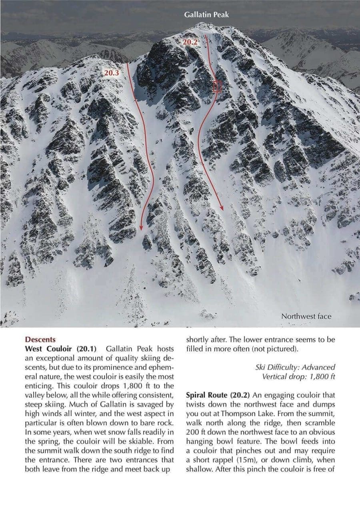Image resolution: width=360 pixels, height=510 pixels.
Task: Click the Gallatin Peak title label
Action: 206,15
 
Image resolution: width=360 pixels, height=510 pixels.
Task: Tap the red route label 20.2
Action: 190,42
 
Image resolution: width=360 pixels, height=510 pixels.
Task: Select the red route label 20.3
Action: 111,73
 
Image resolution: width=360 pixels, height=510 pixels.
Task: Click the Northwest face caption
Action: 306,316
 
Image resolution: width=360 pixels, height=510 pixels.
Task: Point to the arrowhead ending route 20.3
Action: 141,228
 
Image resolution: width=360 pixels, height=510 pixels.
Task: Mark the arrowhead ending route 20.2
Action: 222,208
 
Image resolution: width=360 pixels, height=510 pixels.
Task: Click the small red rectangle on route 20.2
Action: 217,86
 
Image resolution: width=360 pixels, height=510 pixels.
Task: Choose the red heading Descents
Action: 40,340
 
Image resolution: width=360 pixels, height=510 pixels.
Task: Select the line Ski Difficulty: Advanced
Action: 295,367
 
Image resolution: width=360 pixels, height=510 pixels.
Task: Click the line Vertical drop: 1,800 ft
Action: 298,376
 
